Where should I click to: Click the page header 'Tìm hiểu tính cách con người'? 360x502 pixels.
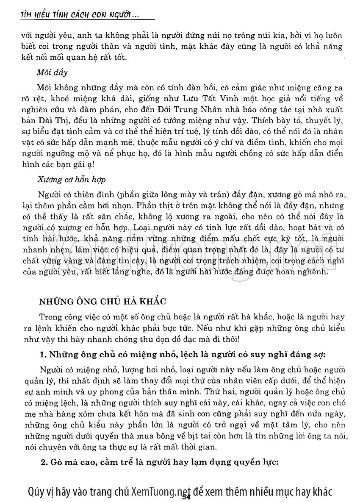point(80,16)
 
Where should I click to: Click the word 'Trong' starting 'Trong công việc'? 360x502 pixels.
point(48,316)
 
